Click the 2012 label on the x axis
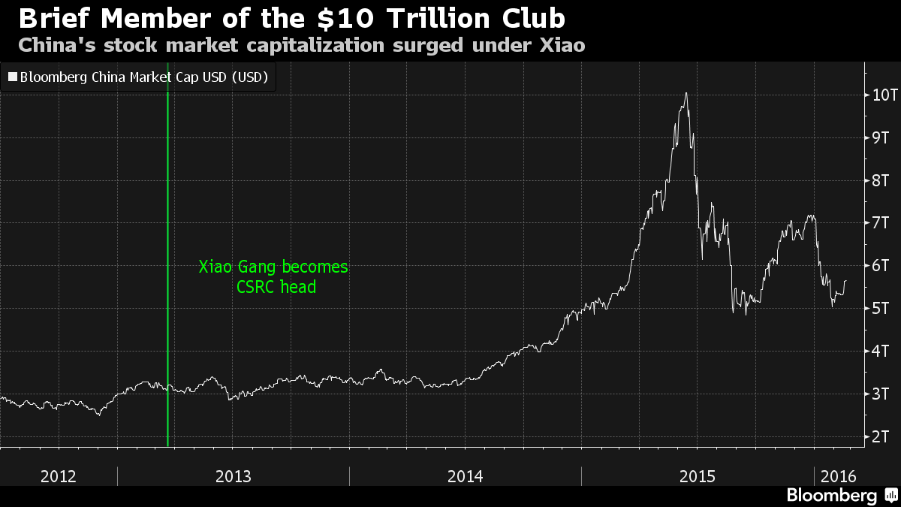click(x=59, y=476)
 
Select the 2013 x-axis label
click(x=233, y=476)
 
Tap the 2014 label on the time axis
click(x=466, y=476)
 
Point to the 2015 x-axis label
click(x=698, y=476)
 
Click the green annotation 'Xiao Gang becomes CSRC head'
click(x=273, y=276)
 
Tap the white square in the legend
click(x=12, y=77)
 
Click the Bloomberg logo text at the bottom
click(x=831, y=495)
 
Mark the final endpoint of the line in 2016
click(x=846, y=280)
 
